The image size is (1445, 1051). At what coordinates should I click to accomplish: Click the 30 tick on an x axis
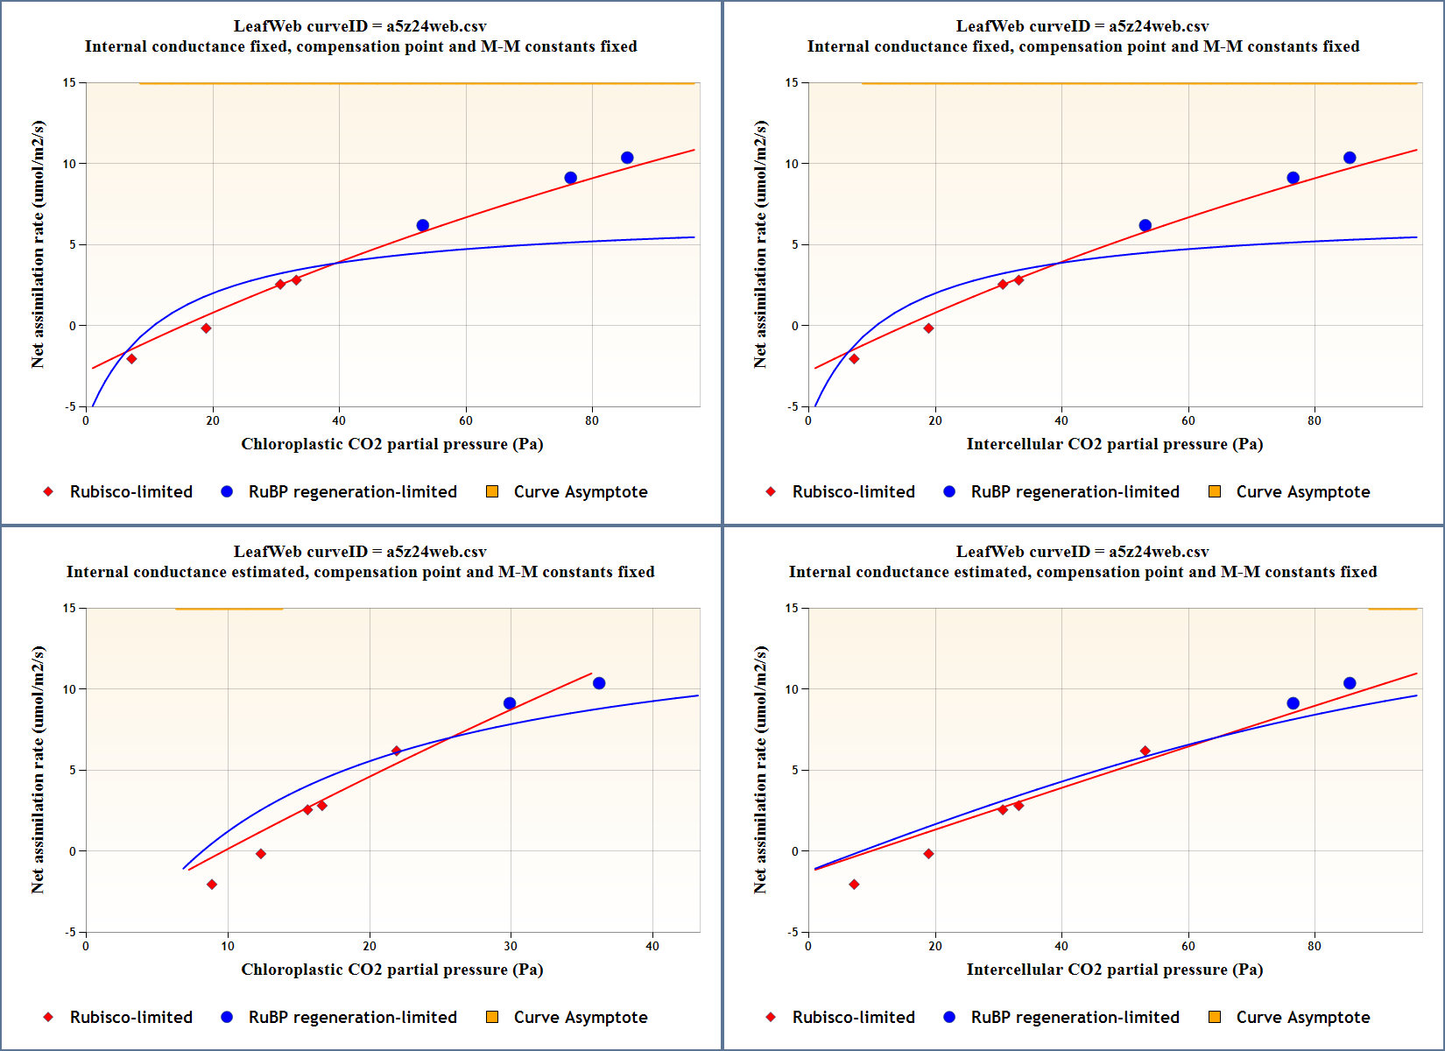pyautogui.click(x=511, y=946)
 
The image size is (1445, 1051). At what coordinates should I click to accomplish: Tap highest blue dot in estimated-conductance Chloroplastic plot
pyautogui.click(x=599, y=683)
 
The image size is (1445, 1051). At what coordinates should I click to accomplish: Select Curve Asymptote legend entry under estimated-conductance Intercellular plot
pyautogui.click(x=1291, y=1017)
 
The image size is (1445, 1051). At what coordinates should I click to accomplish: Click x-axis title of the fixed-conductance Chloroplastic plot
pyautogui.click(x=392, y=444)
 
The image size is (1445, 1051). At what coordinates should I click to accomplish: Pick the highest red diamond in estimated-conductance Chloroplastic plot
pyautogui.click(x=396, y=751)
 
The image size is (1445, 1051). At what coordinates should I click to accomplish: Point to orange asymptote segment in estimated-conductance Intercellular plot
pyautogui.click(x=1392, y=609)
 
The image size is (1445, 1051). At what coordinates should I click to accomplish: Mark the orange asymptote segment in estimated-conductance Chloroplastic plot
pyautogui.click(x=229, y=609)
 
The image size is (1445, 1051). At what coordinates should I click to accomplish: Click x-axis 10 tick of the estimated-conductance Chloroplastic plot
pyautogui.click(x=228, y=946)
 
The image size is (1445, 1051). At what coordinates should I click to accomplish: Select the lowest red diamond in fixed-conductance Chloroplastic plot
pyautogui.click(x=131, y=358)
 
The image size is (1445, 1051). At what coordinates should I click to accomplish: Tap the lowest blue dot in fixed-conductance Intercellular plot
pyautogui.click(x=1145, y=225)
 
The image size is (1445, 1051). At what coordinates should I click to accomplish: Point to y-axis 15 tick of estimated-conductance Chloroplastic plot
pyautogui.click(x=69, y=608)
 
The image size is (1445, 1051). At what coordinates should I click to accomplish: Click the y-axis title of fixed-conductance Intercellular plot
pyautogui.click(x=760, y=244)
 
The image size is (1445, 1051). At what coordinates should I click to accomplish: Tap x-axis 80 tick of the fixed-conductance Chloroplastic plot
pyautogui.click(x=592, y=420)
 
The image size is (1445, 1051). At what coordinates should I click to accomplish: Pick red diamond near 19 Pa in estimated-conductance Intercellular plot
pyautogui.click(x=928, y=854)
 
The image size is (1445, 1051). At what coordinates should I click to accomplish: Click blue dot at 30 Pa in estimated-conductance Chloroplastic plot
pyautogui.click(x=510, y=703)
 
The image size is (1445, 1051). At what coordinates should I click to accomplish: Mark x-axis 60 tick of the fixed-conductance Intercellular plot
pyautogui.click(x=1188, y=420)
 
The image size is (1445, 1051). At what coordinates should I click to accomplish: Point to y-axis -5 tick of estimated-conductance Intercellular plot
pyautogui.click(x=793, y=932)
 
